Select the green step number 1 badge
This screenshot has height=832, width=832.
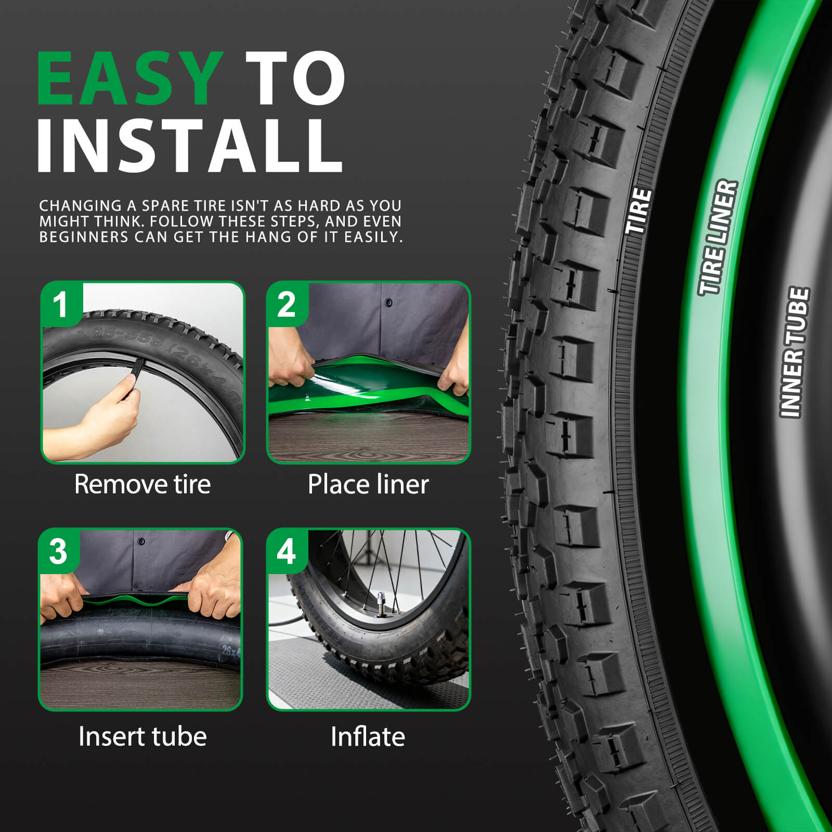click(x=61, y=304)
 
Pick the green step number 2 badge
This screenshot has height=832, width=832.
click(x=287, y=304)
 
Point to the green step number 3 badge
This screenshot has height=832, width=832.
click(x=58, y=551)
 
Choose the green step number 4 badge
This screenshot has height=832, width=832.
click(x=287, y=551)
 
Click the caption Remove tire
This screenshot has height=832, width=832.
click(x=142, y=484)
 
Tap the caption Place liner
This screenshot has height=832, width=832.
click(x=368, y=484)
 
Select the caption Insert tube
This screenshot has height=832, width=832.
click(x=142, y=736)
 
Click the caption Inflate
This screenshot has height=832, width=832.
click(x=368, y=736)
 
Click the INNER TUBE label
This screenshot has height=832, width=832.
click(x=794, y=352)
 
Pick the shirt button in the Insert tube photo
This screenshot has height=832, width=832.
click(x=141, y=541)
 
